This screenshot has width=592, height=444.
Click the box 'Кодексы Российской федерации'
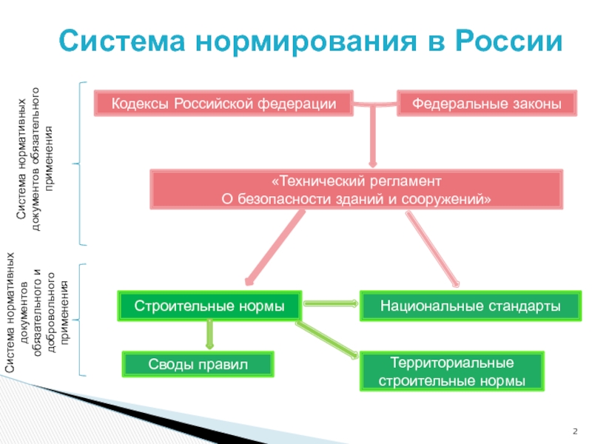tap(223, 104)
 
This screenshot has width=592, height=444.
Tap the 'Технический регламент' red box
tap(356, 189)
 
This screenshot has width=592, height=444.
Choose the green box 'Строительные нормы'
tap(209, 305)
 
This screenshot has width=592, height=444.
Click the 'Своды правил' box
tap(198, 363)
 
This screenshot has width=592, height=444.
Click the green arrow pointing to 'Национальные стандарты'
tap(331, 303)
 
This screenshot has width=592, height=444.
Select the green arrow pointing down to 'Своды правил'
tap(209, 334)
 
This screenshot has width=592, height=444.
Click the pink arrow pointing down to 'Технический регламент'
tap(372, 137)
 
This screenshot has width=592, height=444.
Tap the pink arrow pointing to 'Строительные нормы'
tap(274, 249)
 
